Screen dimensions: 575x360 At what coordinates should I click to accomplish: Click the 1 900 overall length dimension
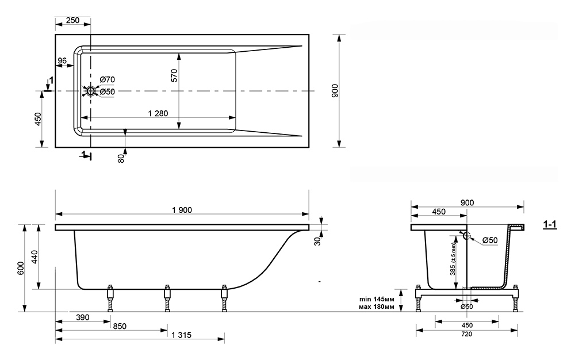click(182, 210)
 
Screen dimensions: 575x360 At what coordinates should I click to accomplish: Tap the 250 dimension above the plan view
click(72, 20)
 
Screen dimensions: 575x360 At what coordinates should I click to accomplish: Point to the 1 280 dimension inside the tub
click(158, 113)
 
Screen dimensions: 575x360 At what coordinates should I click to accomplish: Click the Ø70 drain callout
click(108, 79)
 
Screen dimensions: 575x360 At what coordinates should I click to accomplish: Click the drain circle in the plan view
click(90, 91)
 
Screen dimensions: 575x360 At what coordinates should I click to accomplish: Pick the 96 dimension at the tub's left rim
click(62, 61)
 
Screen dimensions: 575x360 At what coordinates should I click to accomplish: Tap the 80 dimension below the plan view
click(122, 158)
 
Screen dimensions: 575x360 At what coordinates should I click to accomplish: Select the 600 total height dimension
click(21, 268)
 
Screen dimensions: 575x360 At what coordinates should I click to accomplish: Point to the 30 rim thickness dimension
click(317, 240)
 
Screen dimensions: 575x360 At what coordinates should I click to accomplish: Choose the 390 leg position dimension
click(82, 317)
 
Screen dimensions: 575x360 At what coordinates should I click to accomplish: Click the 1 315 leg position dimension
click(181, 335)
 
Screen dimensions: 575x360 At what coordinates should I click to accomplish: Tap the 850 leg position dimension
click(120, 326)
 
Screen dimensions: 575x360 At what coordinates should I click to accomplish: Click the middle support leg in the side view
click(167, 298)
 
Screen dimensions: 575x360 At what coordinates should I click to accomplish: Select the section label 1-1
click(550, 224)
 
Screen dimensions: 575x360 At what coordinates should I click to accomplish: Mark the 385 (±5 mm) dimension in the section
click(453, 259)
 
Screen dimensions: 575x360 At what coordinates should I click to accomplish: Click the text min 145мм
click(377, 299)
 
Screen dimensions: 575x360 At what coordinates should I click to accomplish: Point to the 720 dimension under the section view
click(467, 334)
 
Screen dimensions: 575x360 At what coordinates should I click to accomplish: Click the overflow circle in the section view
click(467, 235)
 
